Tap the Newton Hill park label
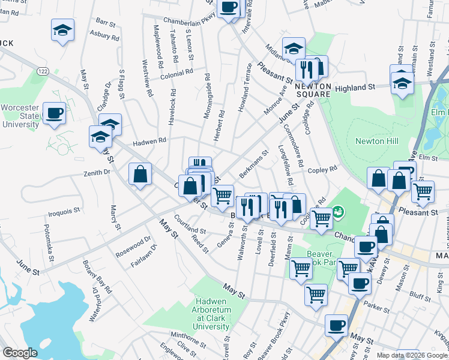[377, 141]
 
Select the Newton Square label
[313, 91]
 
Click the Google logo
[20, 353]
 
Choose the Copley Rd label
[323, 170]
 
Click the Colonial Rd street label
[176, 71]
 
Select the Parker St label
[377, 307]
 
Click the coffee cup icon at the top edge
[229, 7]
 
